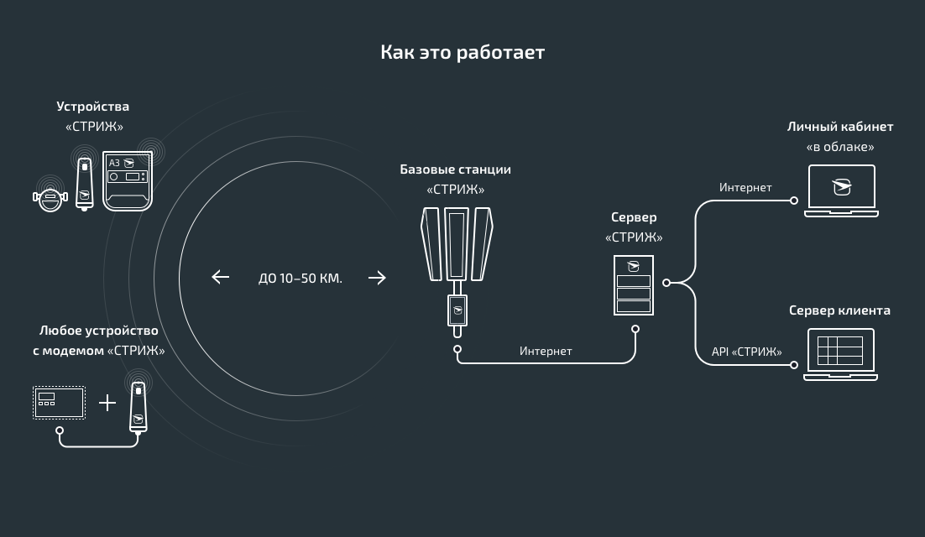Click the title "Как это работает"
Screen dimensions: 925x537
pos(462,53)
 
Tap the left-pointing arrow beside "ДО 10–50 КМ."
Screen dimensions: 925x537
pos(221,277)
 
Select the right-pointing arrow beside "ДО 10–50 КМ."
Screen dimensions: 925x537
pos(377,277)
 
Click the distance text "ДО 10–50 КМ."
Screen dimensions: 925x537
pos(300,278)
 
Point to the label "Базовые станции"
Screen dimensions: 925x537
pos(455,169)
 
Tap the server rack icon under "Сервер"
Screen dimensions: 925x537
pos(634,286)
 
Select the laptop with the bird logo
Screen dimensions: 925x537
pos(841,190)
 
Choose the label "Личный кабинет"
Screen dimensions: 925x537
pos(839,127)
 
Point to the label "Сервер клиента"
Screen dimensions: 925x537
pos(839,310)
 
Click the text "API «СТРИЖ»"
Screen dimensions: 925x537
pos(746,352)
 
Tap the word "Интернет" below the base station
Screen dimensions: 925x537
pos(546,351)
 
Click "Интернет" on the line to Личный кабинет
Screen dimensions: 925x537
pos(745,188)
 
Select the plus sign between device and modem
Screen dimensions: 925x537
pos(107,404)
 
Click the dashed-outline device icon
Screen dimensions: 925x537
pos(59,403)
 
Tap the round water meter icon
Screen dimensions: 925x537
pos(50,197)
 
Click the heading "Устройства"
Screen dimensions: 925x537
pos(93,107)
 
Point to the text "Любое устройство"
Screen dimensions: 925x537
pos(98,331)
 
